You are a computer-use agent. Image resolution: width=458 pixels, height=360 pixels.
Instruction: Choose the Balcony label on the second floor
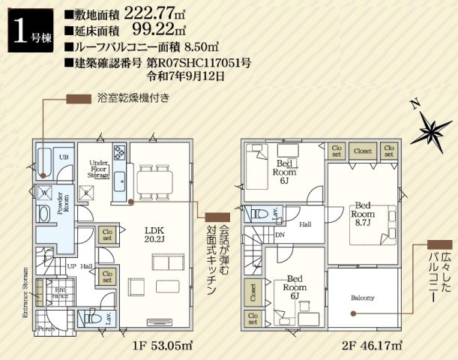[362, 298]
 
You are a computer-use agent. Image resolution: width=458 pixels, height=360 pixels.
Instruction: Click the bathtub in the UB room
[44, 159]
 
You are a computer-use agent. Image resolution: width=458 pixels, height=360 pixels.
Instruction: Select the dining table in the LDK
[155, 181]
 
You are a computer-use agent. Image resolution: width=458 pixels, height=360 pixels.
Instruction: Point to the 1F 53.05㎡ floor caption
[165, 346]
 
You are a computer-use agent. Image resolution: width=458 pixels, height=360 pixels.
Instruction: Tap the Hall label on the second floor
[305, 223]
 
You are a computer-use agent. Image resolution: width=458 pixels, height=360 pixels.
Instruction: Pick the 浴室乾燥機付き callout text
[133, 98]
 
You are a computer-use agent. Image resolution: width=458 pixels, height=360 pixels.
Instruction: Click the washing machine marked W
[45, 193]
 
